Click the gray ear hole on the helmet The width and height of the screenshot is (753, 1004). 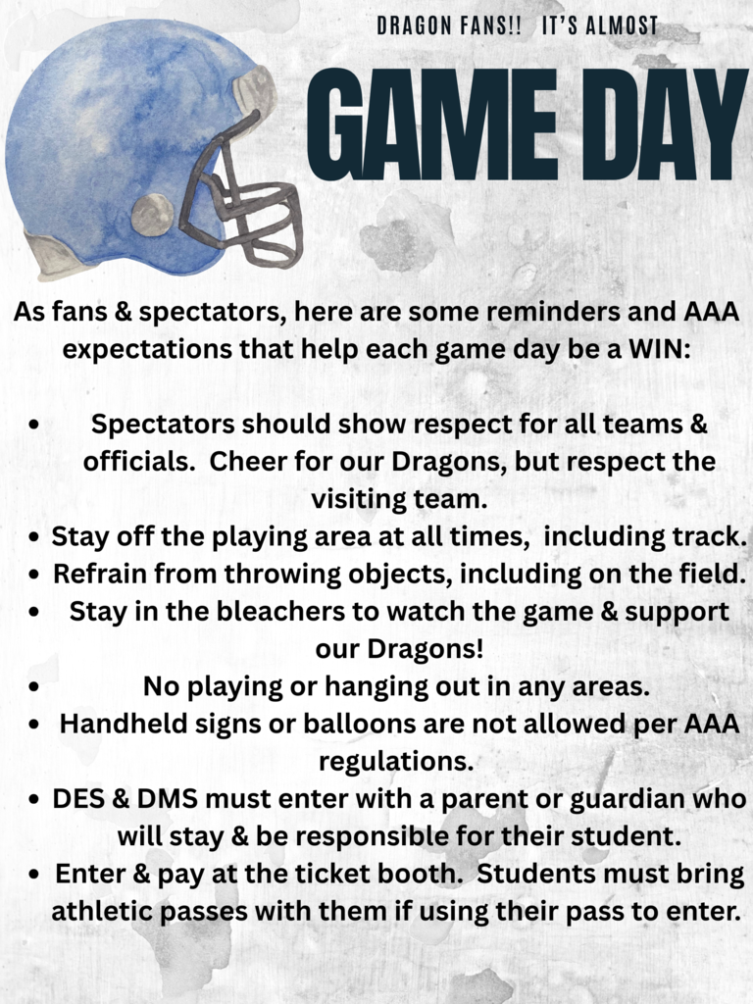click(152, 214)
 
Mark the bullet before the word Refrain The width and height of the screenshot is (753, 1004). click(36, 575)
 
